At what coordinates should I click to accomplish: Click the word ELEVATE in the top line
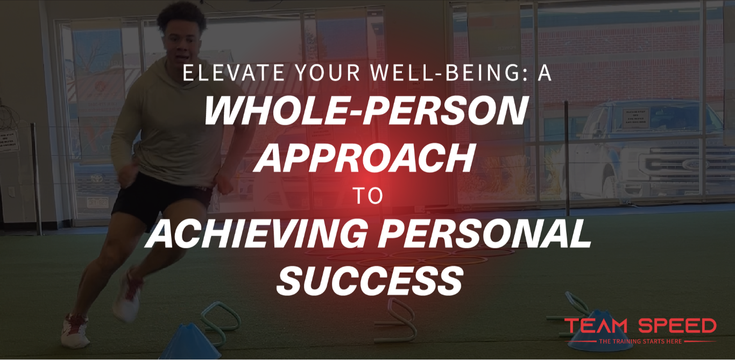(x=234, y=73)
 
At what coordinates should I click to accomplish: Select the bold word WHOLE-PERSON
(x=366, y=111)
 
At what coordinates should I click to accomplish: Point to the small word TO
(x=369, y=196)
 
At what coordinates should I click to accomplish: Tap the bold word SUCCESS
(x=370, y=280)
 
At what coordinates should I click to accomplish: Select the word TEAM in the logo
(x=596, y=326)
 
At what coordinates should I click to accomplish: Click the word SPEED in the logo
(x=677, y=326)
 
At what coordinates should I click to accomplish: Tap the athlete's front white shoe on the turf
(x=75, y=331)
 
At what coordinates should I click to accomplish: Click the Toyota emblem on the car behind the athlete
(x=97, y=178)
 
